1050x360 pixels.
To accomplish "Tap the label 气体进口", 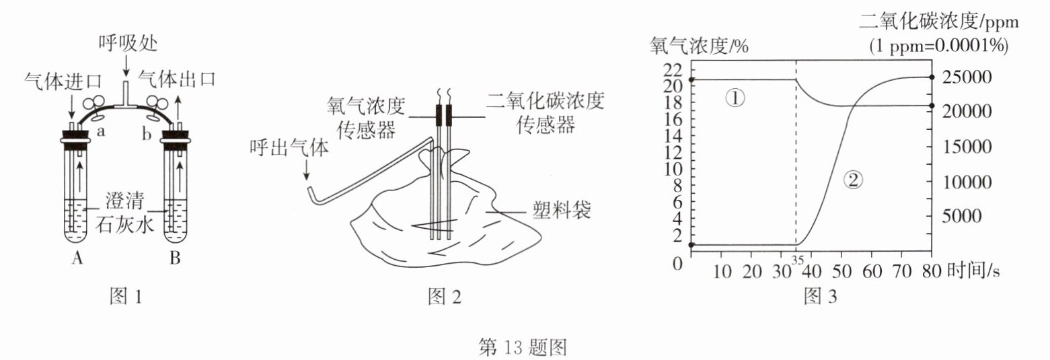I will [62, 81].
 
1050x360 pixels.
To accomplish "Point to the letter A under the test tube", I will [77, 259].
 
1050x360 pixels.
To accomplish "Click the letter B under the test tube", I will [175, 259].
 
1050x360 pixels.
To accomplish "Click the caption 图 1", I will [125, 296].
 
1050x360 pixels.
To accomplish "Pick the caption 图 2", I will [445, 296].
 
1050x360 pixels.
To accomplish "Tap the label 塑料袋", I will [563, 211].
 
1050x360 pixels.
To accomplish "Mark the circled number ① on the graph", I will [735, 99].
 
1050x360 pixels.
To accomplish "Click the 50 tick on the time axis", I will [841, 271].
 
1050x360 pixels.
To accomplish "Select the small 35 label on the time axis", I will [798, 260].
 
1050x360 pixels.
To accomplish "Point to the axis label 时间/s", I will [973, 271].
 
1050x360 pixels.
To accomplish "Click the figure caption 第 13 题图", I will [522, 347].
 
